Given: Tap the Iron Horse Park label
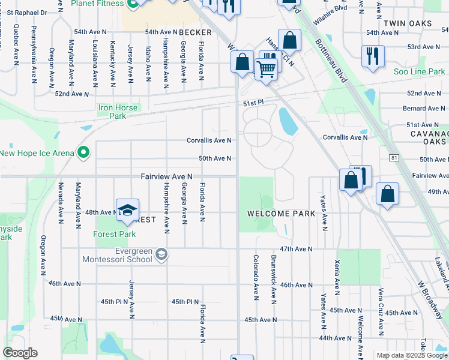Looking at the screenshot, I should point(118,112).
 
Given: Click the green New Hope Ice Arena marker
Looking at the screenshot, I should point(83,152).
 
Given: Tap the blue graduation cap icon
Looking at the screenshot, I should point(127,210).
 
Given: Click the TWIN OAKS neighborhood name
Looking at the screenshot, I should point(407,23).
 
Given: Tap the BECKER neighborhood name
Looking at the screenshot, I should point(195,32).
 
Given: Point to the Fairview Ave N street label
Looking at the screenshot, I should point(166,176).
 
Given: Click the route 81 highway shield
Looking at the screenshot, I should point(393,157).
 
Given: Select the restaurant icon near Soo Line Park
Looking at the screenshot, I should point(373,56).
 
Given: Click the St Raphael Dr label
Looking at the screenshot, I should point(24,11).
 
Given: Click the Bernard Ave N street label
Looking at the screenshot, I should point(423,109).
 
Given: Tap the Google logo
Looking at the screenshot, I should point(20,353).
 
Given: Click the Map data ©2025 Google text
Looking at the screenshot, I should point(411,355).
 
